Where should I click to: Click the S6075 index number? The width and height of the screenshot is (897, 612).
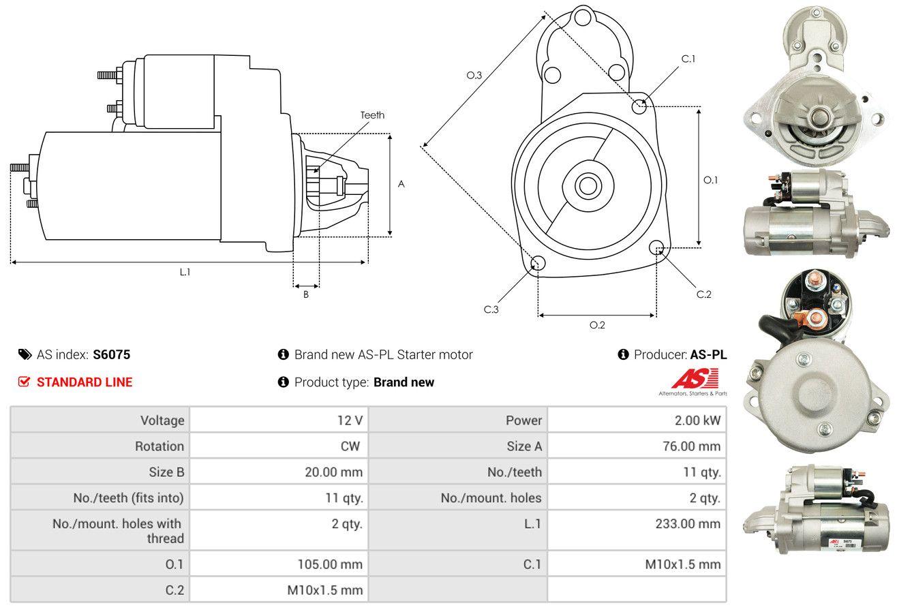[111, 354]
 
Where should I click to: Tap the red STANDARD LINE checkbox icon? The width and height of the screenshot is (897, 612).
[25, 382]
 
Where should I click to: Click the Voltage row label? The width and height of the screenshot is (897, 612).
[162, 420]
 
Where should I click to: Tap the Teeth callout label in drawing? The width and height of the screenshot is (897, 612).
[372, 115]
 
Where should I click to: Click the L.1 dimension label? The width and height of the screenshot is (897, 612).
[185, 272]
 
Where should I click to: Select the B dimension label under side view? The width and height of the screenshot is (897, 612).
[306, 294]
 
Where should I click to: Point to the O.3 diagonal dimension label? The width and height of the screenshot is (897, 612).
[474, 75]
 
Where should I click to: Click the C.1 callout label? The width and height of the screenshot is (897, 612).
[688, 59]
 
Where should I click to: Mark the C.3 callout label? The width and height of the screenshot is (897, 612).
[491, 309]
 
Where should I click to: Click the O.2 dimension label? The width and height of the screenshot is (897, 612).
[597, 325]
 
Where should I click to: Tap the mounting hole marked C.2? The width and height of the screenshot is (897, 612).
[657, 247]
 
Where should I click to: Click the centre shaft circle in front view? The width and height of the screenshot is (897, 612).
[586, 185]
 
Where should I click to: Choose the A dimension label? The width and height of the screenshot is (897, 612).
[401, 184]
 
